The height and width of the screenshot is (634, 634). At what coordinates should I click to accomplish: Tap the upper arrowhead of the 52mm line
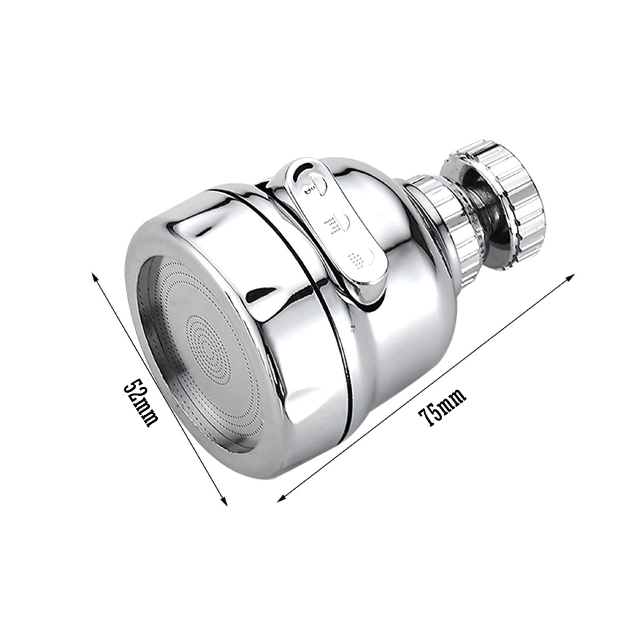tap(94, 275)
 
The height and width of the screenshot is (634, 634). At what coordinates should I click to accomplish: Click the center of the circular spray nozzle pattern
tap(206, 341)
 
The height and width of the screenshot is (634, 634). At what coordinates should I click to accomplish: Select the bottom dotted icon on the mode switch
tap(359, 258)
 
